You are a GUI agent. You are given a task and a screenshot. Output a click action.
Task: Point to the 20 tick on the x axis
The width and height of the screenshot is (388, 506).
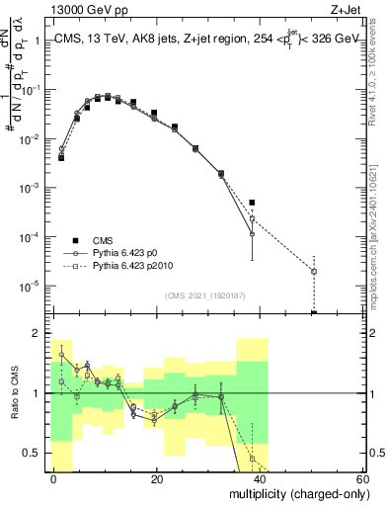pos(157,478)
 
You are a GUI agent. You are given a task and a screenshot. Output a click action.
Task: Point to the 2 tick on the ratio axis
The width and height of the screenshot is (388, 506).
pos(38,333)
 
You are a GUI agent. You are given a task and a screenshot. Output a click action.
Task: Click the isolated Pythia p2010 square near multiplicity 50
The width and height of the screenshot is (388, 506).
pos(314,271)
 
